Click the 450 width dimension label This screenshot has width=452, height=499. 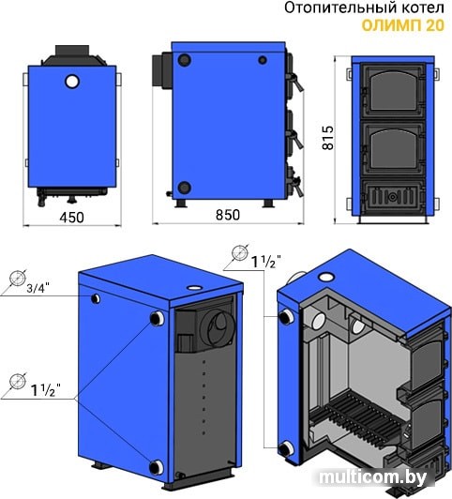72,218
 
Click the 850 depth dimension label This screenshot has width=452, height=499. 228,215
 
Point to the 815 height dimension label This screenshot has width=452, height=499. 328,138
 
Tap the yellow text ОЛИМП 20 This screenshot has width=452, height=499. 403,25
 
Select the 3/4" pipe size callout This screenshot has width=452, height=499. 38,288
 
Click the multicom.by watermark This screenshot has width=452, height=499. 373,476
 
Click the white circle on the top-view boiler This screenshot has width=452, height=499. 72,82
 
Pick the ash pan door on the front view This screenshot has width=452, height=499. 393,196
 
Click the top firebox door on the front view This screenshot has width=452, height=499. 393,91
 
